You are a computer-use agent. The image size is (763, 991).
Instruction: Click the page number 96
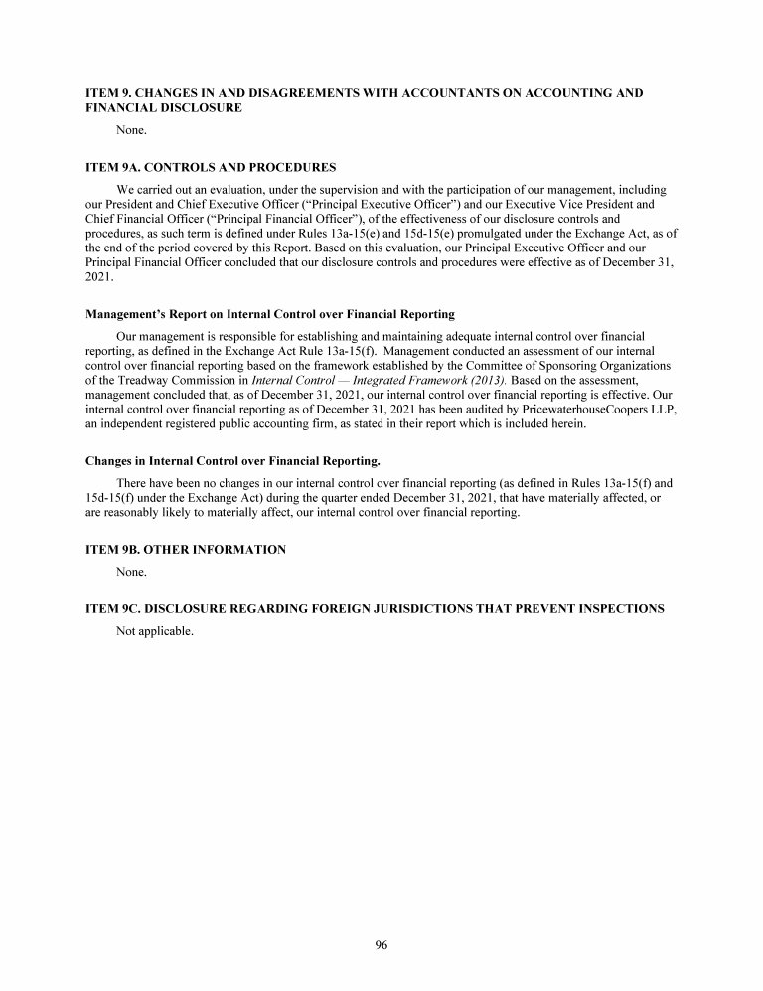click(x=381, y=945)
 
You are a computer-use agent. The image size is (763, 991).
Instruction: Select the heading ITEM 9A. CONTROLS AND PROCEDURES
click(x=211, y=166)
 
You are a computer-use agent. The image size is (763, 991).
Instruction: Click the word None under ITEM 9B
click(x=131, y=572)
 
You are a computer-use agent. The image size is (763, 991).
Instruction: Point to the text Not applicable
click(x=154, y=631)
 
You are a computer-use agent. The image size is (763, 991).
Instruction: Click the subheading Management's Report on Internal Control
click(x=269, y=314)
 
